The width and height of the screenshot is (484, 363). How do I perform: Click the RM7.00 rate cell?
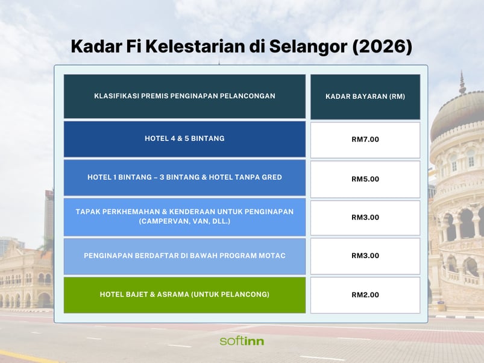(365, 139)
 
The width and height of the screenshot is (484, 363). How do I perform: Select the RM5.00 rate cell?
(365, 178)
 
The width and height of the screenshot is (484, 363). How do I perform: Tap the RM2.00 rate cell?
(365, 295)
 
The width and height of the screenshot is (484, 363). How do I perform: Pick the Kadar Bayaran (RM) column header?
(365, 96)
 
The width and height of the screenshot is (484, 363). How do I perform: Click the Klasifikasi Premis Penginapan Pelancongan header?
(184, 96)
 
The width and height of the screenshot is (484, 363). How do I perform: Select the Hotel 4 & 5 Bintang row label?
(184, 139)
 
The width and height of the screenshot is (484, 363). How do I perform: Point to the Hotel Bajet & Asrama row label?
(184, 295)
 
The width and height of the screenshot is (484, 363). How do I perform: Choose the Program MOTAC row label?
(184, 256)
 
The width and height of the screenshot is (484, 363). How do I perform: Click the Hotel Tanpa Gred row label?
(184, 177)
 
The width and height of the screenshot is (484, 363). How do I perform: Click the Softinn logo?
(242, 341)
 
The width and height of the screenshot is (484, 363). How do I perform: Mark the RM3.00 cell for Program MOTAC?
(365, 256)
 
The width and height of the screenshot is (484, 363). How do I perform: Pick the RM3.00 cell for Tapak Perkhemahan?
(365, 217)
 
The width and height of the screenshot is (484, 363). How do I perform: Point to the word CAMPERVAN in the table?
(163, 221)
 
